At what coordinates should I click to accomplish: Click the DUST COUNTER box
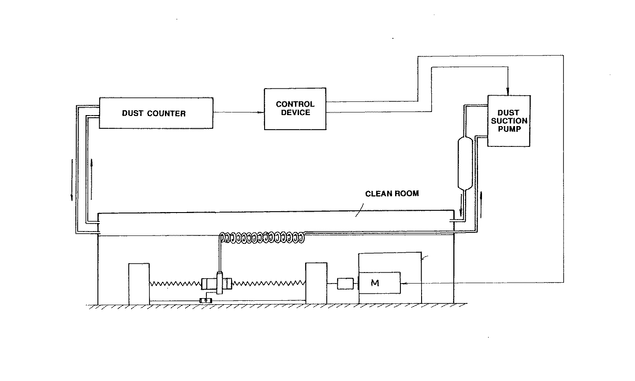pyautogui.click(x=155, y=113)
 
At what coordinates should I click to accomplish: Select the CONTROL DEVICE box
pyautogui.click(x=295, y=109)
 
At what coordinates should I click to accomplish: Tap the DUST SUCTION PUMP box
pyautogui.click(x=508, y=121)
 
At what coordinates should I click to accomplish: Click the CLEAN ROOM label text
pyautogui.click(x=392, y=194)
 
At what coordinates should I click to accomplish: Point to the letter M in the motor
pyautogui.click(x=375, y=283)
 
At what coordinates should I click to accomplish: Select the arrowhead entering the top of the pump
pyautogui.click(x=508, y=91)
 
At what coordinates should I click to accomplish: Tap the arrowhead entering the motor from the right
pyautogui.click(x=404, y=284)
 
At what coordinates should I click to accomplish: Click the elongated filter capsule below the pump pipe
pyautogui.click(x=465, y=164)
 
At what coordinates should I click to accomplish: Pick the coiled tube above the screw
pyautogui.click(x=262, y=238)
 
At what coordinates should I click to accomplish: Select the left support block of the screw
pyautogui.click(x=139, y=283)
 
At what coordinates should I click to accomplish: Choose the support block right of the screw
pyautogui.click(x=316, y=283)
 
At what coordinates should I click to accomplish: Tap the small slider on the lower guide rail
pyautogui.click(x=205, y=301)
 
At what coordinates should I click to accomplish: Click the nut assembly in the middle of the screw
pyautogui.click(x=217, y=283)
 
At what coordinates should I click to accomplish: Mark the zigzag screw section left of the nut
pyautogui.click(x=175, y=283)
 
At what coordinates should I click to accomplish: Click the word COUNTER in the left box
pyautogui.click(x=167, y=113)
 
